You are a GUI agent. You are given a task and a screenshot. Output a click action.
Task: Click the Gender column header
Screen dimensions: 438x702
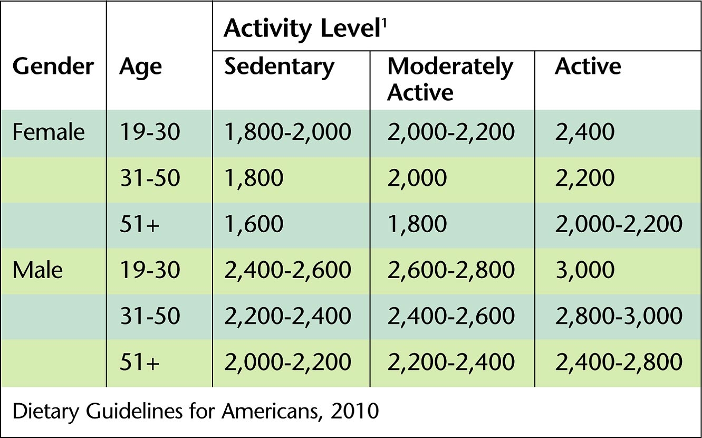point(53,68)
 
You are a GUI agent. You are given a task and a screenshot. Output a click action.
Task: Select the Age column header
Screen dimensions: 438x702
point(141,68)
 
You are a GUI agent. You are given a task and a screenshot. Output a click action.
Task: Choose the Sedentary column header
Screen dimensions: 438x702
point(279,68)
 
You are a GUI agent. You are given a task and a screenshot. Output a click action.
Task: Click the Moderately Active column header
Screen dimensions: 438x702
point(450,80)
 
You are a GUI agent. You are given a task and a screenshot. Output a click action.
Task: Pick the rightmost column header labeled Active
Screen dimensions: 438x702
point(588,68)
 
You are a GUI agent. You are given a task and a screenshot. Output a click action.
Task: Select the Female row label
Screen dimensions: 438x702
point(49,132)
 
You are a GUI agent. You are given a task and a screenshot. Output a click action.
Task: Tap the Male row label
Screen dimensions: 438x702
point(37,270)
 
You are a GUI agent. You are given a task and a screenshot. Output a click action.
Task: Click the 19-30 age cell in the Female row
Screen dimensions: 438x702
point(150,132)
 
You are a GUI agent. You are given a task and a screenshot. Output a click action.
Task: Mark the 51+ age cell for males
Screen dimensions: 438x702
point(140,362)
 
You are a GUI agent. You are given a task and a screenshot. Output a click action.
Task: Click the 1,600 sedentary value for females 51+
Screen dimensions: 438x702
point(254,224)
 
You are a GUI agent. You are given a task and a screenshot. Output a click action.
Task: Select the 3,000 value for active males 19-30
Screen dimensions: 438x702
point(584,270)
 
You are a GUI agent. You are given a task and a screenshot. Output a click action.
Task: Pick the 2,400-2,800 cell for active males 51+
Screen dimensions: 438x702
point(618,362)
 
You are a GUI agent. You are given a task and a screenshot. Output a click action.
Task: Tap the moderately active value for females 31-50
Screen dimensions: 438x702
point(417,178)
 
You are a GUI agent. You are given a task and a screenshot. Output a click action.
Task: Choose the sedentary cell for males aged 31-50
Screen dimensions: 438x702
point(287,316)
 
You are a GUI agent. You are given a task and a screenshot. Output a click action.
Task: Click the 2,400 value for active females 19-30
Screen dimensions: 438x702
point(584,132)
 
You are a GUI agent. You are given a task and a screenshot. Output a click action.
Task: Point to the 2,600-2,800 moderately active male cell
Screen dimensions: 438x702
point(451,270)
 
